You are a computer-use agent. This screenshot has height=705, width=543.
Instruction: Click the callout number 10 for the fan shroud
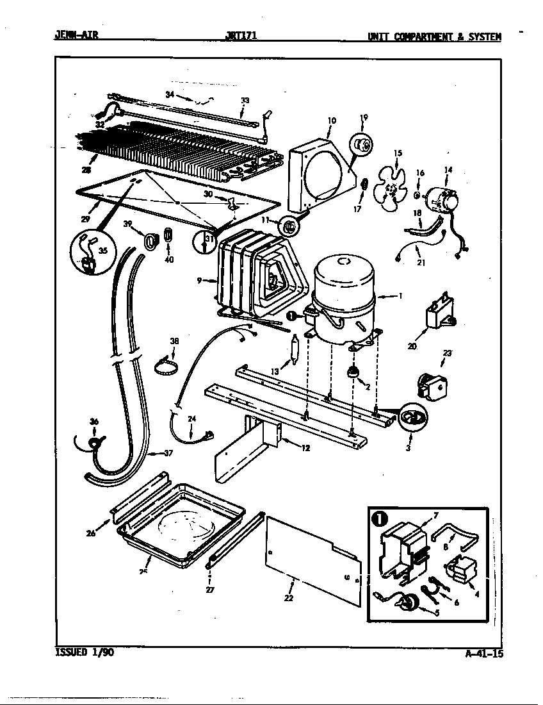pyautogui.click(x=332, y=120)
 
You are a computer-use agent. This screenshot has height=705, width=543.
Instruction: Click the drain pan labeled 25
pyautogui.click(x=179, y=519)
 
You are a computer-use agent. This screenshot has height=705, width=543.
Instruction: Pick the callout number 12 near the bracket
pyautogui.click(x=305, y=448)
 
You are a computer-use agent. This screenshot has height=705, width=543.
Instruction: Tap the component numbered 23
pyautogui.click(x=431, y=383)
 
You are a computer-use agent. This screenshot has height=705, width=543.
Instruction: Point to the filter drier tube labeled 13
pyautogui.click(x=294, y=350)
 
